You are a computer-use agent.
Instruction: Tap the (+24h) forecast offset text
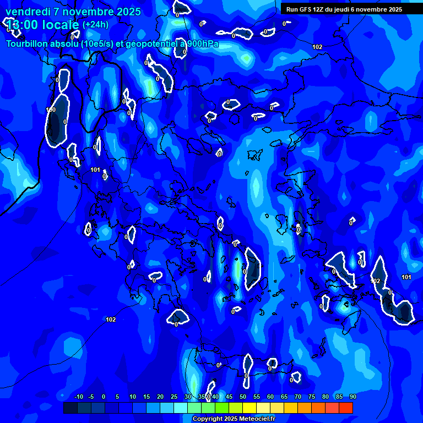click(95, 25)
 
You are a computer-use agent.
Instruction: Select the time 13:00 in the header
click(21, 25)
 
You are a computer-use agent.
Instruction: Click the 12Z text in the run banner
click(318, 9)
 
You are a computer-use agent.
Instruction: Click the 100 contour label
click(51, 110)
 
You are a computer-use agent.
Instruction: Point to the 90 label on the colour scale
click(352, 397)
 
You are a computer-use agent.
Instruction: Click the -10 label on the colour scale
click(78, 397)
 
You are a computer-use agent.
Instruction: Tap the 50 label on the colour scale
click(243, 397)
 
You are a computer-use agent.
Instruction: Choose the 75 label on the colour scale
click(312, 397)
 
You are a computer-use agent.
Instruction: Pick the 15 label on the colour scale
click(147, 397)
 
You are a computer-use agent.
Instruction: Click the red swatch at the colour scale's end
click(346, 408)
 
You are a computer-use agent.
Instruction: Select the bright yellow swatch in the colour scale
click(250, 408)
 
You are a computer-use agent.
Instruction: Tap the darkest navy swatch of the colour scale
click(70, 408)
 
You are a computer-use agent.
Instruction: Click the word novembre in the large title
click(85, 12)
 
